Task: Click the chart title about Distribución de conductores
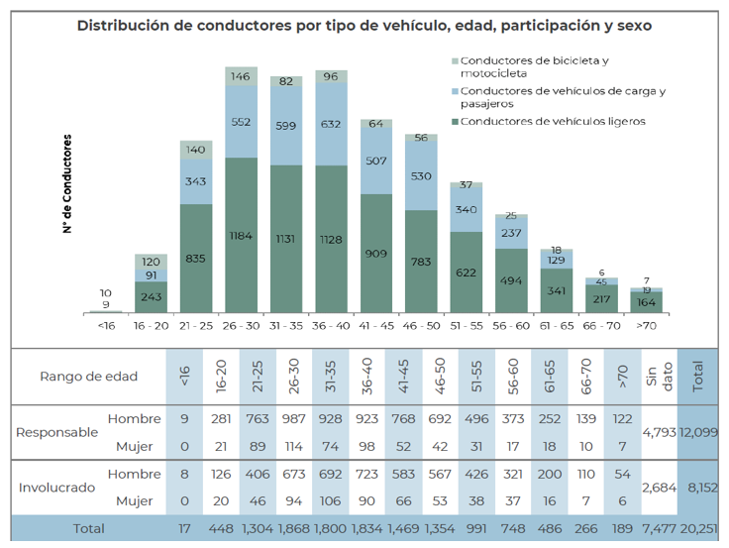point(364,25)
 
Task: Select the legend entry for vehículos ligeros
point(540,121)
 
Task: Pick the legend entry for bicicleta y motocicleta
point(534,66)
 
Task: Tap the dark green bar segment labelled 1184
point(242,236)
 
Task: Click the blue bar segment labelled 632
point(332,124)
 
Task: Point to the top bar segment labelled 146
point(242,76)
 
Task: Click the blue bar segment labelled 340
point(467,209)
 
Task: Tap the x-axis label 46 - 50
point(421,324)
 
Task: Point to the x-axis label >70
point(647,324)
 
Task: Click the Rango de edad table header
point(88,376)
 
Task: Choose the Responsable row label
point(56,432)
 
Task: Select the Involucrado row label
point(56,488)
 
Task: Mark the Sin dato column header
point(659,376)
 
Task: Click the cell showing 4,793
point(659,432)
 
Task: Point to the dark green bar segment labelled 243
point(152,297)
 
